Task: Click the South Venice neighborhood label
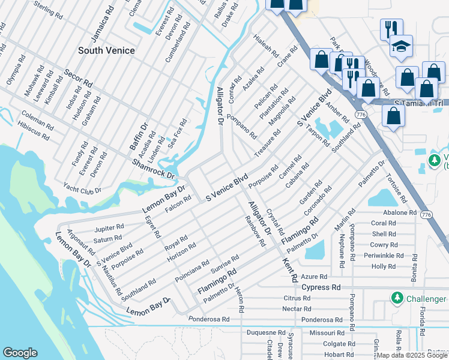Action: tap(106, 50)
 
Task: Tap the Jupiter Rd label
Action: tap(109, 228)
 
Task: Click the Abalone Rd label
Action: tap(395, 212)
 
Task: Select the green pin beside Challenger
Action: tap(396, 298)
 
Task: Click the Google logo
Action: tap(20, 353)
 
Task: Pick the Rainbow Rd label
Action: tap(255, 232)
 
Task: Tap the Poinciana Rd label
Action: tap(191, 271)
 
